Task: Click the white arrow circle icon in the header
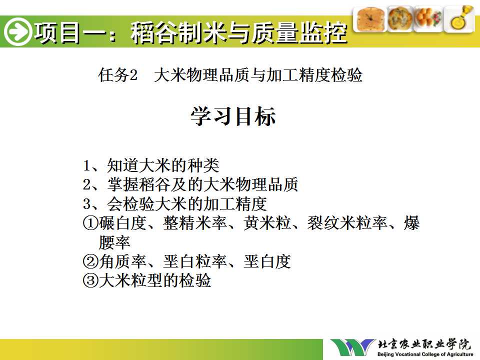click(17, 31)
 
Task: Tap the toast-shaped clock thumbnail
click(370, 19)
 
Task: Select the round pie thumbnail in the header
click(400, 19)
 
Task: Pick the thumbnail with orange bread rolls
click(428, 19)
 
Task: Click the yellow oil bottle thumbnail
click(459, 19)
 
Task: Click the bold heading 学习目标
click(233, 116)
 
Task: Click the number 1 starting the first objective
click(86, 166)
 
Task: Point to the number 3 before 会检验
click(87, 204)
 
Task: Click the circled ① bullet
click(90, 223)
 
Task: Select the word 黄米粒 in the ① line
click(267, 223)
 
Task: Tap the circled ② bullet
click(90, 261)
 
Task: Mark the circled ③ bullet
click(90, 280)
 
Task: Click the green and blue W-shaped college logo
click(352, 347)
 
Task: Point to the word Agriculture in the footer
click(458, 354)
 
